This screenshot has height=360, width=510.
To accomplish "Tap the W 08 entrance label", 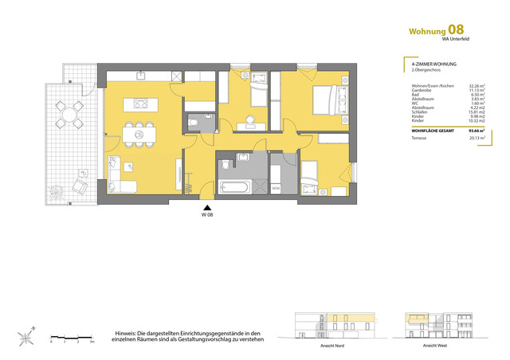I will click(206, 216).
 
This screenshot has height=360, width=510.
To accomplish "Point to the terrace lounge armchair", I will click(80, 186).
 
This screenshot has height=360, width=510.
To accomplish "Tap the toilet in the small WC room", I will click(194, 123).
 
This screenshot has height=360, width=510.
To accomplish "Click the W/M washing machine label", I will click(276, 188).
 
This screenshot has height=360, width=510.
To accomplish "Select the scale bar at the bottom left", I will click(73, 336).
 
